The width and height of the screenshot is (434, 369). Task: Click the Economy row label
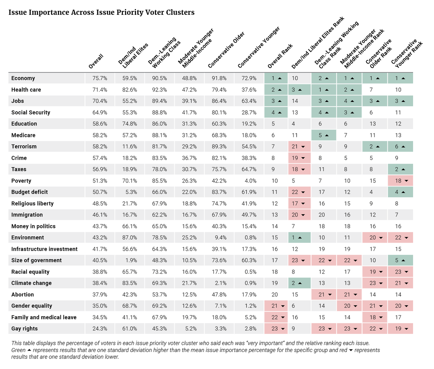pos(23,78)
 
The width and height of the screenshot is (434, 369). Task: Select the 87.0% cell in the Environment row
pos(129,237)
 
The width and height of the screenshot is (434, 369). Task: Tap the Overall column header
pos(96,61)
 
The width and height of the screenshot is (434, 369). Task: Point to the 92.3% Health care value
pos(159,90)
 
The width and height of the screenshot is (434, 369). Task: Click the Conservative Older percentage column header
pos(226,50)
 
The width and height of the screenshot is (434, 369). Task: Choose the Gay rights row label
pos(24,329)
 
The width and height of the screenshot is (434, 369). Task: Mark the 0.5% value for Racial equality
pos(251,272)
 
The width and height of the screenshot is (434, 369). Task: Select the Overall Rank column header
pos(280,56)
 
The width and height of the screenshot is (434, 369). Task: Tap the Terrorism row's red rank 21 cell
pos(299,146)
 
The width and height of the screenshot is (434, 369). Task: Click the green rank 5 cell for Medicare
pos(324,135)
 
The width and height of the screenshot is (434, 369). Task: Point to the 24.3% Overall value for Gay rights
pos(100,329)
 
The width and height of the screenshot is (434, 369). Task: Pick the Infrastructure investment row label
pos(44,249)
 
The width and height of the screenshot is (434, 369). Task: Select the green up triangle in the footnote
pos(29,350)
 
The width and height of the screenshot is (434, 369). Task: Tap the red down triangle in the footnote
pos(351,350)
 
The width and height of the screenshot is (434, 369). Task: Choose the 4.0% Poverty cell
pos(251,181)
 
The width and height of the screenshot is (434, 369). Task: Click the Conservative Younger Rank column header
pos(407,54)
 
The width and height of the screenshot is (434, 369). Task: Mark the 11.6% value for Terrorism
pos(129,146)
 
